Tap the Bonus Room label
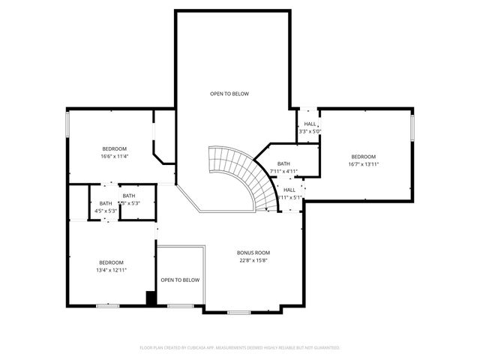[253, 253]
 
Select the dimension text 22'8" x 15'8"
[253, 260]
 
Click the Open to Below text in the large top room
[229, 94]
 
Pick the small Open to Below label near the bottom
[180, 280]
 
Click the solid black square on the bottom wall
[151, 298]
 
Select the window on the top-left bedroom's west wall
[68, 124]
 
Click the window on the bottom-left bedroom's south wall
[108, 305]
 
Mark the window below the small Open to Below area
[180, 305]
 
